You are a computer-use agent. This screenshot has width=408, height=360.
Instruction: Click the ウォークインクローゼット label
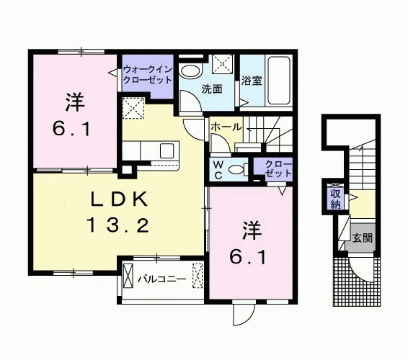(x=148, y=74)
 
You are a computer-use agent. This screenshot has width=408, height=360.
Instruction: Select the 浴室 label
(x=252, y=81)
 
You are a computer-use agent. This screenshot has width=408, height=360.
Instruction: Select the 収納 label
(x=336, y=198)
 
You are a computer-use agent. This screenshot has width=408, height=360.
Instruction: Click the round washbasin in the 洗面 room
(x=191, y=71)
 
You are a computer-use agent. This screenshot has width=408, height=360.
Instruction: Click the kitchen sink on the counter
(x=167, y=151)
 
